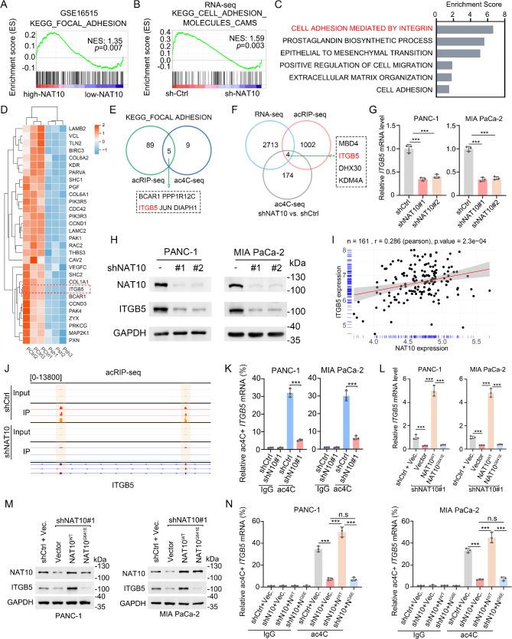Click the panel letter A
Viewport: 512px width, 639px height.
pyautogui.click(x=6, y=6)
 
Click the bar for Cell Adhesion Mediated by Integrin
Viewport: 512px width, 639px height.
pyautogui.click(x=461, y=30)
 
